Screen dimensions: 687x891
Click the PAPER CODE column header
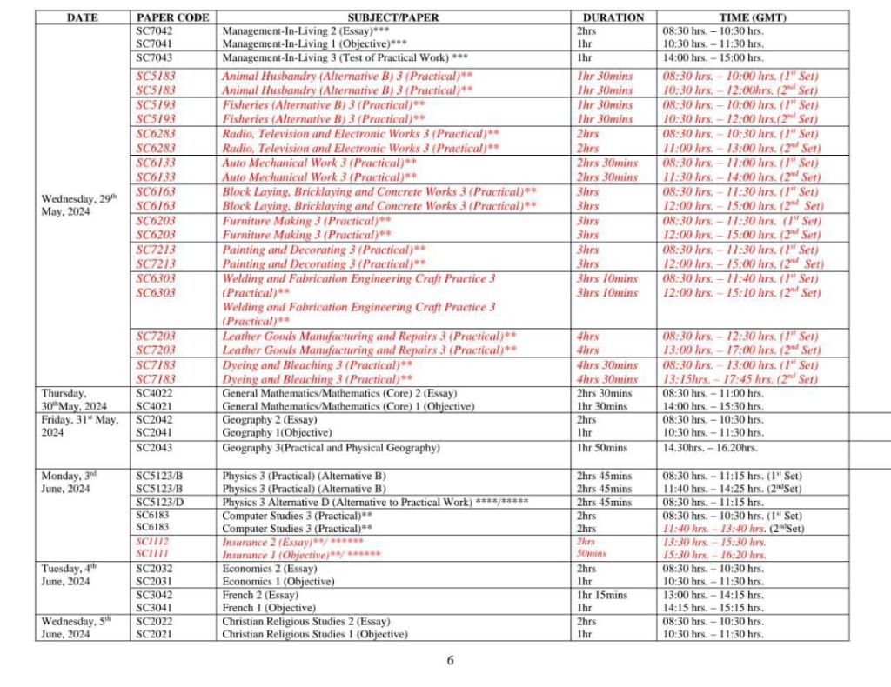coord(173,17)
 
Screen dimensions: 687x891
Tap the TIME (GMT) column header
coord(753,17)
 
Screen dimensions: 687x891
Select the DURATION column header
coord(613,17)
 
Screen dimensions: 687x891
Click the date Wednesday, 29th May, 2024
coord(79,205)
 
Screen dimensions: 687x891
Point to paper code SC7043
coord(155,57)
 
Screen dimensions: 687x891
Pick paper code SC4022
coord(155,393)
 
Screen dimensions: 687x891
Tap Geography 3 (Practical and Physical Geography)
coord(330,448)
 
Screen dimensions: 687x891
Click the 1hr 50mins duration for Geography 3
coord(601,448)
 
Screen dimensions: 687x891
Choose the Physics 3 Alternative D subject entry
coord(375,503)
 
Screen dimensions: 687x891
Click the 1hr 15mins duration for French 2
coord(601,595)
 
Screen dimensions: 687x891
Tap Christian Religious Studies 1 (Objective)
coord(314,634)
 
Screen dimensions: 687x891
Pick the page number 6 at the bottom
coord(450,660)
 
